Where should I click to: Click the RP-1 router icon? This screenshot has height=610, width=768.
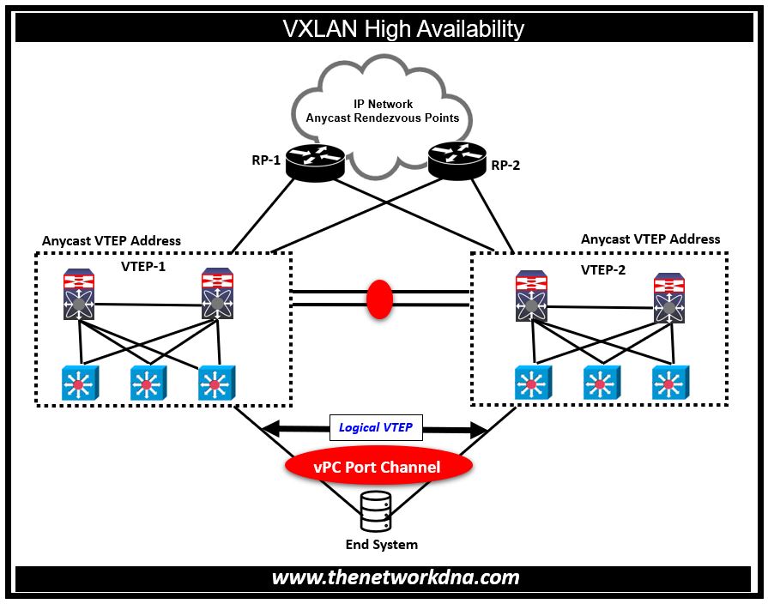coord(315,161)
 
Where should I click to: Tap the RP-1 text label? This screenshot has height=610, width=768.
coord(266,160)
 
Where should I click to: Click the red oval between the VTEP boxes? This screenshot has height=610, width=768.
coord(379,297)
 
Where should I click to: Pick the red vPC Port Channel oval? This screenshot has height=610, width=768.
coord(378,467)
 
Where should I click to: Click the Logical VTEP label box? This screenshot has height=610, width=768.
coord(376,427)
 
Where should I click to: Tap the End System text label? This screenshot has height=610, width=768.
coord(381,545)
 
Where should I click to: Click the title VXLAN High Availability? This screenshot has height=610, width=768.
coord(402,28)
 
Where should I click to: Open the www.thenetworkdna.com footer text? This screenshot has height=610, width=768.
coord(396,577)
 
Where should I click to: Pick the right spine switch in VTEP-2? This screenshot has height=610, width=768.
coord(669,299)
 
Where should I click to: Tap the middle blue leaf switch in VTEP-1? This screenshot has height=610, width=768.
coord(148,383)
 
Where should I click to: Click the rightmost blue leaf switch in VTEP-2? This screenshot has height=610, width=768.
coord(669,383)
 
